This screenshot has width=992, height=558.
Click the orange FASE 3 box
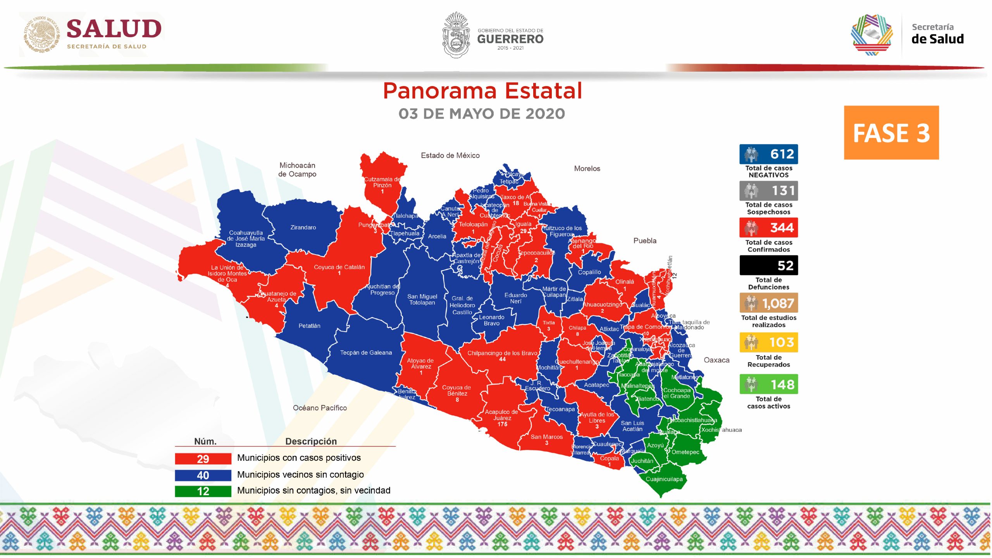[891, 133]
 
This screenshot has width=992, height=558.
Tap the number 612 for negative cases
[782, 154]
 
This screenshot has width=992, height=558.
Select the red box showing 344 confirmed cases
[768, 227]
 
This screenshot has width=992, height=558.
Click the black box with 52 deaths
[768, 265]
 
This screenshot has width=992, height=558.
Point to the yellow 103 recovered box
[768, 342]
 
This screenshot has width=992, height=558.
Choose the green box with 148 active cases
[768, 384]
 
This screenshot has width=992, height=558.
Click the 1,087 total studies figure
[778, 303]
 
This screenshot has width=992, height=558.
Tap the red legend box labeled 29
[203, 459]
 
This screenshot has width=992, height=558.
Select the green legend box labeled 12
[203, 491]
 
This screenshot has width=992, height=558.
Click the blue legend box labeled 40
[203, 475]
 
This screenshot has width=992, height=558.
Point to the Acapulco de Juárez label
[501, 415]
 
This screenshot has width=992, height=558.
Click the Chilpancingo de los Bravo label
[502, 353]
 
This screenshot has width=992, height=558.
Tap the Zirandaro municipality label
[303, 227]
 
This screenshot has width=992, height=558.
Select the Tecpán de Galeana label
[366, 353]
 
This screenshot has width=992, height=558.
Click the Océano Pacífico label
[320, 408]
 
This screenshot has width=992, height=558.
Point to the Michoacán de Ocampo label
[297, 170]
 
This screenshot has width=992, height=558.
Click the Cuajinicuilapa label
[664, 479]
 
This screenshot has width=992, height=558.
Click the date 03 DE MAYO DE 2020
[482, 114]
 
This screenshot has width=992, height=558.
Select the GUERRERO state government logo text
[510, 39]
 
